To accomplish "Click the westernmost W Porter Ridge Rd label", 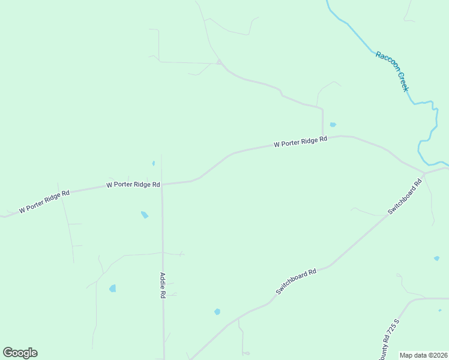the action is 44,202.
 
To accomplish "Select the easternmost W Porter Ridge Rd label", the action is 300,142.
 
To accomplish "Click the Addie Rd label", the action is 162,286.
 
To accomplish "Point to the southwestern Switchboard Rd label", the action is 296,281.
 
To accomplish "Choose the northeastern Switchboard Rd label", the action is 405,196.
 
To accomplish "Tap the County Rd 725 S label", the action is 389,339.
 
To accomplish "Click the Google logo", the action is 20,353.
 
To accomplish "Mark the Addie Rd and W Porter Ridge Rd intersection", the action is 161,184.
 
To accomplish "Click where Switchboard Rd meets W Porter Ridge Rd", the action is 424,173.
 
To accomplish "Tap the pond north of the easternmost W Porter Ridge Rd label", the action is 333,125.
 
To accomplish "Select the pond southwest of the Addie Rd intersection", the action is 144,215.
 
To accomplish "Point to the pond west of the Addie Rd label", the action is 112,289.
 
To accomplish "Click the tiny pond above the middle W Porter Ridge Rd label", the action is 154,163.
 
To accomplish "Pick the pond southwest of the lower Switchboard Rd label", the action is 217,312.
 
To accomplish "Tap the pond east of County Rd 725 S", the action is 436,259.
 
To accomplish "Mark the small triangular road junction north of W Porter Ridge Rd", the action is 220,62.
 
